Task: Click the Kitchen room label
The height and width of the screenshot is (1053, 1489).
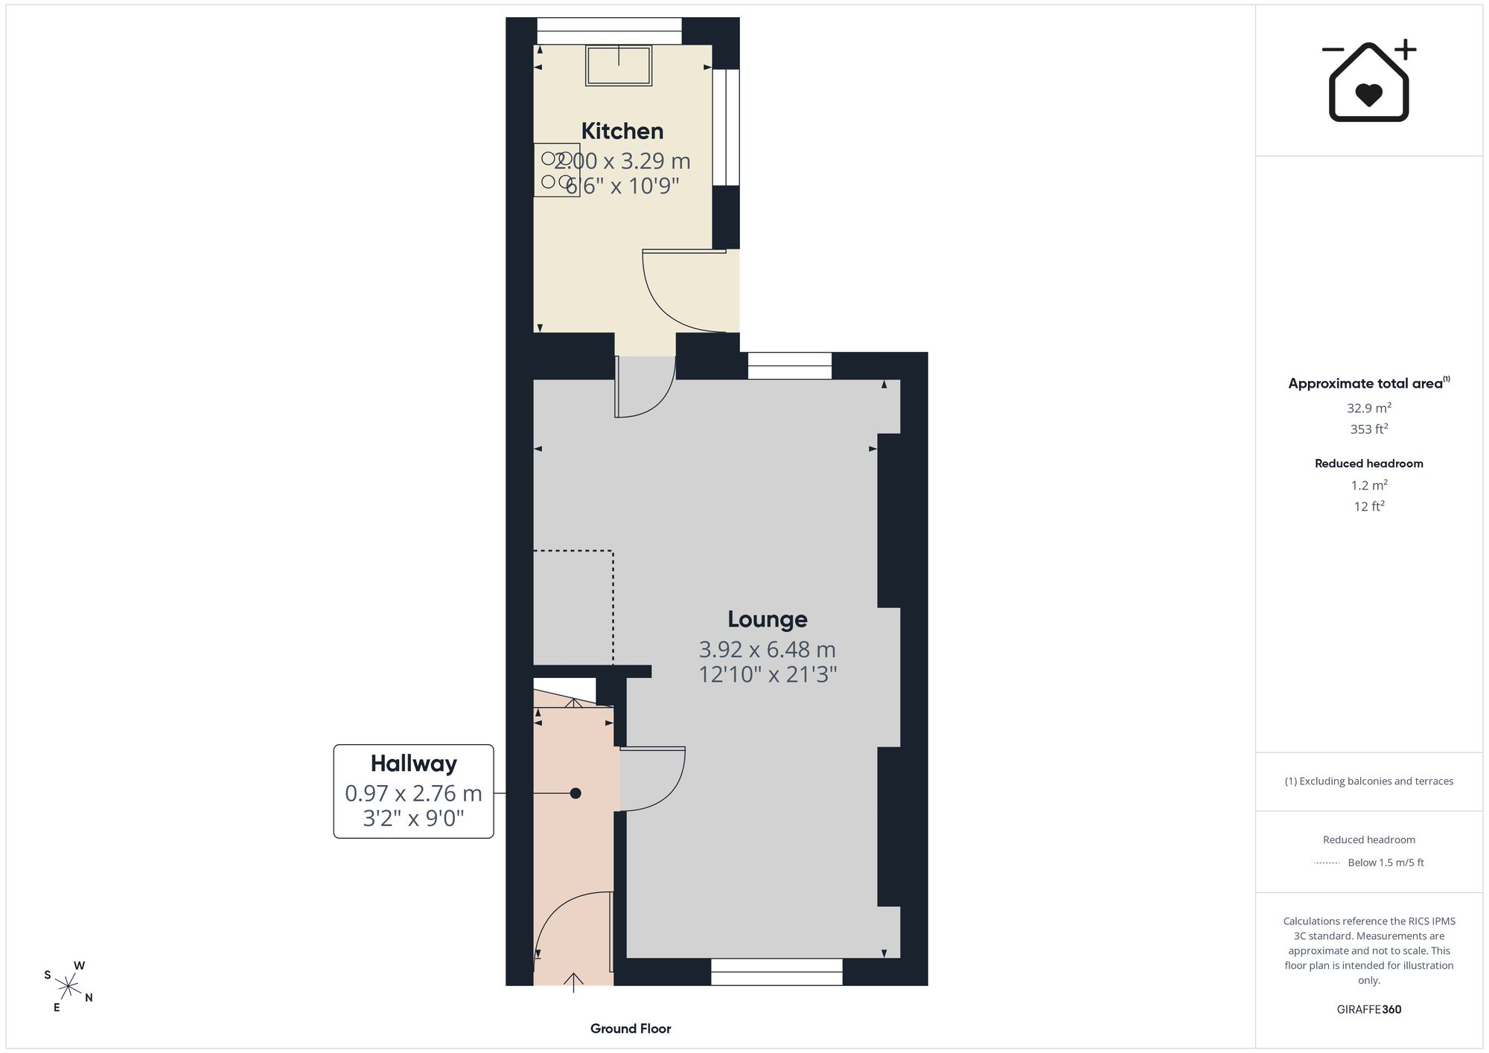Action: coord(622,131)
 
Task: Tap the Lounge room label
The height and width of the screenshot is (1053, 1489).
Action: coord(767,619)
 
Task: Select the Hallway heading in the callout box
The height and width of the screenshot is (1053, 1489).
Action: coord(413,764)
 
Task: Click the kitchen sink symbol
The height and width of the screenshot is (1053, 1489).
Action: coord(619,65)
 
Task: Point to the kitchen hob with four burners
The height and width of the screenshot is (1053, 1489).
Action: coord(557,170)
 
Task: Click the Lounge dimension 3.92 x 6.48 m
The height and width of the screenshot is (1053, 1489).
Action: coord(767,650)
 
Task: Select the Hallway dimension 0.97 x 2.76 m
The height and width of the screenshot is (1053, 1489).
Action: coord(413,794)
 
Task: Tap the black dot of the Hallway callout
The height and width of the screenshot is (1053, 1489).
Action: coord(575,793)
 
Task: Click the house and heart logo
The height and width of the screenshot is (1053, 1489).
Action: coord(1368,80)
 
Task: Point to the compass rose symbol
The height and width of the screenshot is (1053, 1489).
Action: coord(68,987)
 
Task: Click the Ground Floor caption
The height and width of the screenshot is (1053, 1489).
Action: coord(631,1028)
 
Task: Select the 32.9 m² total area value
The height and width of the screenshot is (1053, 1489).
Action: coord(1369,408)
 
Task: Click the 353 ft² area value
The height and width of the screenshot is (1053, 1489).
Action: coord(1369,429)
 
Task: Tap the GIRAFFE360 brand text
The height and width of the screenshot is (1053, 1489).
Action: coord(1369,1010)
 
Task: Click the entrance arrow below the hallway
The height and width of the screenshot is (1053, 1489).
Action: coord(573,982)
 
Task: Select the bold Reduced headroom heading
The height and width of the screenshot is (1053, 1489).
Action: coord(1369,464)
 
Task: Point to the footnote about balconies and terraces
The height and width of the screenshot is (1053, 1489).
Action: coord(1369,781)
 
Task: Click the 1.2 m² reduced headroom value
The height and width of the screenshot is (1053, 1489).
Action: coord(1369,485)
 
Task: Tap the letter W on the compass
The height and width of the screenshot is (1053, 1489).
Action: coord(79,966)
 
